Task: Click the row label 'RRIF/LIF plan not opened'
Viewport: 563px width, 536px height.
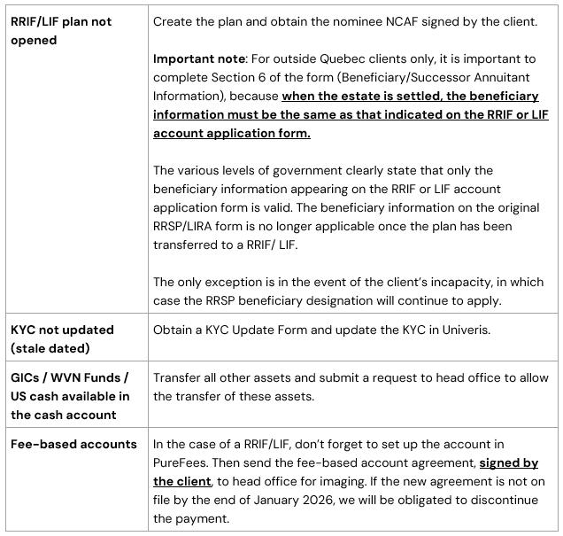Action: (x=60, y=30)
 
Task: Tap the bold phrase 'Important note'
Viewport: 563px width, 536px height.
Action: (x=200, y=59)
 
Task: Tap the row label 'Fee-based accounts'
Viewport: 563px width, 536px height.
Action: (x=73, y=444)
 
